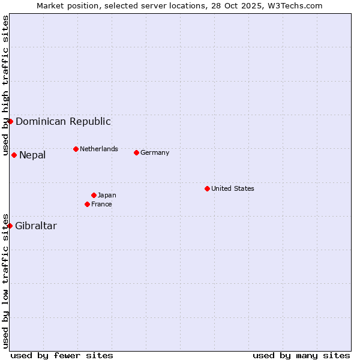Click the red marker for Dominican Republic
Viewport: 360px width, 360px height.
click(10, 121)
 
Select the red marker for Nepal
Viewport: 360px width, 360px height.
click(14, 155)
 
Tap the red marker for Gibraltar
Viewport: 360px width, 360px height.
click(10, 226)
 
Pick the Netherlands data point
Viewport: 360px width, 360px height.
click(76, 149)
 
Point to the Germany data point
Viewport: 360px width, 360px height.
click(136, 152)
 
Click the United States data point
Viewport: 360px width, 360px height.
click(207, 188)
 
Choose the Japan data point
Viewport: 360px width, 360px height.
click(94, 195)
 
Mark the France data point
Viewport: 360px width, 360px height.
click(87, 204)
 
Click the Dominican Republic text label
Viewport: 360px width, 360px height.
click(63, 121)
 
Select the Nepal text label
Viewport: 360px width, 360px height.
click(32, 155)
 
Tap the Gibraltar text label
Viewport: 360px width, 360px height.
click(36, 226)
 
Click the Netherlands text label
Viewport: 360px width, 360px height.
click(99, 149)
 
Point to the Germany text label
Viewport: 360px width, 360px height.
click(155, 152)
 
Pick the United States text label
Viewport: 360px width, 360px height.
click(233, 188)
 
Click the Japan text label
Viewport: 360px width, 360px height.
click(107, 195)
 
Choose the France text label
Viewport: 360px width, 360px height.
click(101, 204)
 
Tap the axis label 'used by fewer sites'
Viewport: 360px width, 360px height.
click(62, 355)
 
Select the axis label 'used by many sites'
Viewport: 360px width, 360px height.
click(301, 355)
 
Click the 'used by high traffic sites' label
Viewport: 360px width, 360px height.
click(5, 81)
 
